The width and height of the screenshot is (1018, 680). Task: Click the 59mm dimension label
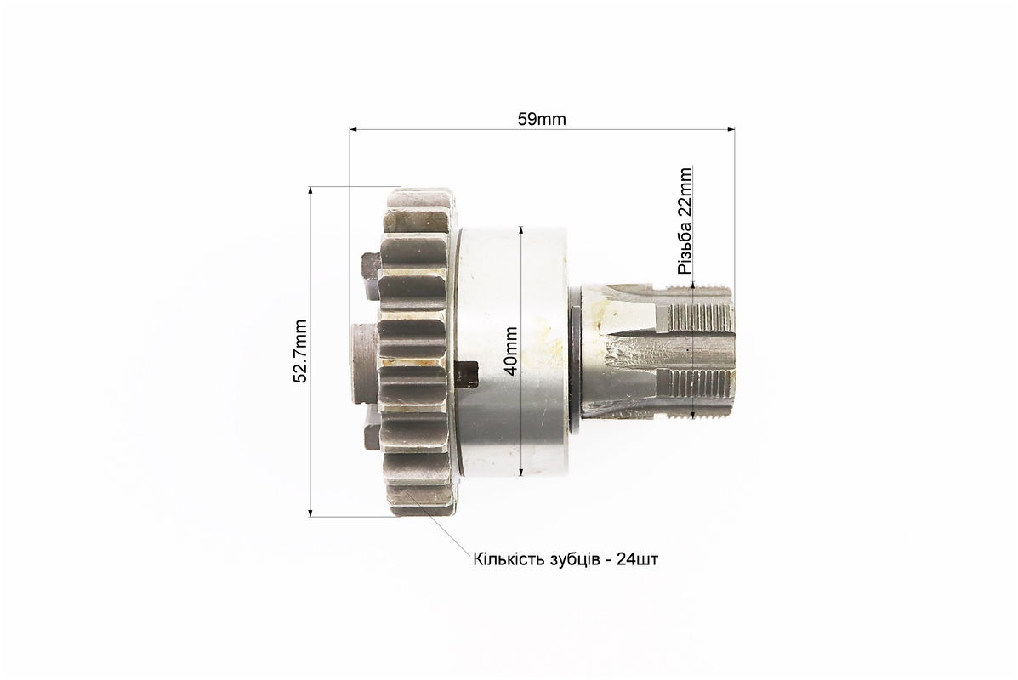pos(542,119)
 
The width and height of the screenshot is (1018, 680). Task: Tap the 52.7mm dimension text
pos(300,351)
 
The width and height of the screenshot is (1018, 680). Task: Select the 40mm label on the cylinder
pos(511,351)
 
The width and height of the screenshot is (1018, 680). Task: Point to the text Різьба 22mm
pos(685,221)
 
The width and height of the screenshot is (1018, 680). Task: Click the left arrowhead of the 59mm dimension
pos(354,130)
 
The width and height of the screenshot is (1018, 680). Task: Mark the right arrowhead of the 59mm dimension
pos(731,130)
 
